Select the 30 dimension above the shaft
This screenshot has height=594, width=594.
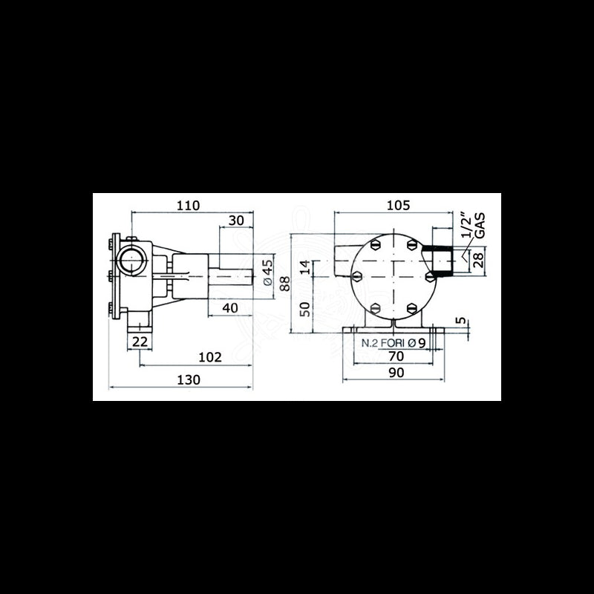236,221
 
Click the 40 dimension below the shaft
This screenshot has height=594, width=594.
229,308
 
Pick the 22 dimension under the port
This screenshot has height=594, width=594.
140,341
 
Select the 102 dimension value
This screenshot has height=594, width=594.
210,357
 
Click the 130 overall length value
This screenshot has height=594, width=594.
189,379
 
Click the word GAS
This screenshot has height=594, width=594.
480,225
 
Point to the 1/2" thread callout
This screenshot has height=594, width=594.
466,225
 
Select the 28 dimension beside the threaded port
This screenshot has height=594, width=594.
477,258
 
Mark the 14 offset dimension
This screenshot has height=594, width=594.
304,268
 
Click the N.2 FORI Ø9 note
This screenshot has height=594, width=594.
393,343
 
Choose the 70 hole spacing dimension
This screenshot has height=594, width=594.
396,356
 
